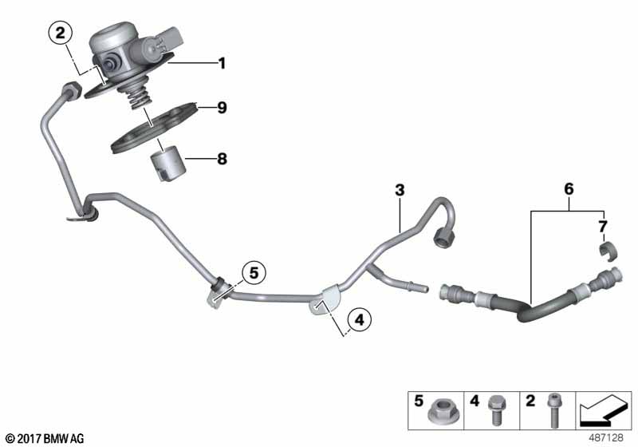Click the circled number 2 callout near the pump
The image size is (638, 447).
[x=61, y=33]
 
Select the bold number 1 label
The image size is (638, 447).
[x=222, y=63]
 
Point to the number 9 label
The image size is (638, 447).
[x=222, y=108]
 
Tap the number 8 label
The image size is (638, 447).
[x=222, y=158]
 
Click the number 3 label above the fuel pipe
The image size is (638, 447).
[x=400, y=190]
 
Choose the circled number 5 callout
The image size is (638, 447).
[x=254, y=273]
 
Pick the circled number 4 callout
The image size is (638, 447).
[x=360, y=320]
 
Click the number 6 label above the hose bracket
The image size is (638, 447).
[x=569, y=189]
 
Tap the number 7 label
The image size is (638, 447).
[x=603, y=227]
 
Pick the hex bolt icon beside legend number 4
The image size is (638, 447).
[x=496, y=409]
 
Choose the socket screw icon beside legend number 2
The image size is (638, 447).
[x=553, y=410]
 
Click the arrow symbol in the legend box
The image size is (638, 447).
[x=603, y=410]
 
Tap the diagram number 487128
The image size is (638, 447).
[x=606, y=437]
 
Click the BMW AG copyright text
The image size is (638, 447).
[x=45, y=438]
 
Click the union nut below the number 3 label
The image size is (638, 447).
[x=443, y=237]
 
